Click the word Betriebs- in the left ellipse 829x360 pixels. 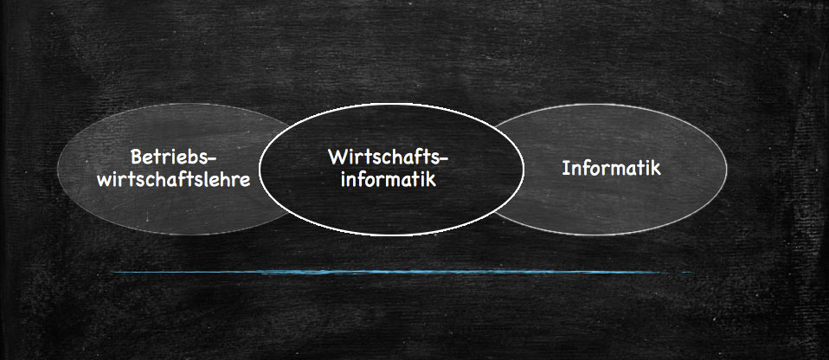(174, 157)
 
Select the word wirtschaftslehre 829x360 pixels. (174, 180)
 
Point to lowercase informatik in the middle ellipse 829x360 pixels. (389, 179)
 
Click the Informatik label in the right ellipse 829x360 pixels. (611, 168)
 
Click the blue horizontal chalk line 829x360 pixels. (402, 273)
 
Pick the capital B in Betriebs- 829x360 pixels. (137, 157)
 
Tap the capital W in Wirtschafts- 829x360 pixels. (337, 157)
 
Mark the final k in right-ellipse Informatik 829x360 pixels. (656, 168)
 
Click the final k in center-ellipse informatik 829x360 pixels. (432, 179)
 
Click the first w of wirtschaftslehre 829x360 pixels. (105, 182)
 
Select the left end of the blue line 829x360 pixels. (113, 273)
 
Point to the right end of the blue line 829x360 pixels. (691, 273)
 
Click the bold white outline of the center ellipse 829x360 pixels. (391, 104)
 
